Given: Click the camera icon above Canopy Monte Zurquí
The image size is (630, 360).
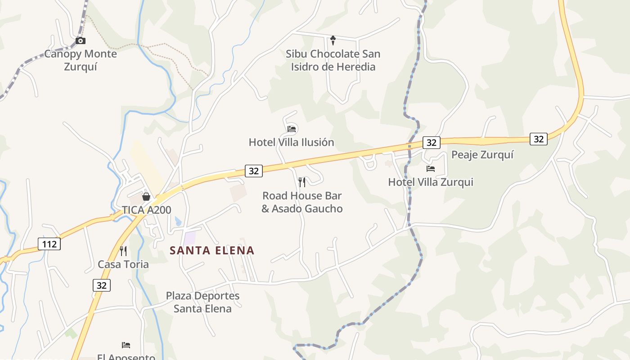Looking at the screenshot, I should (x=81, y=41).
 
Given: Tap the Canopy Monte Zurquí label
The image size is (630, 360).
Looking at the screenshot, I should (x=81, y=60).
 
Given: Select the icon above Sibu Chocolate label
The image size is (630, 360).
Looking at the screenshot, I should (x=333, y=40).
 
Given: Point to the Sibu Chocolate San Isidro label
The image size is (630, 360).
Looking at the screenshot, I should (x=333, y=60).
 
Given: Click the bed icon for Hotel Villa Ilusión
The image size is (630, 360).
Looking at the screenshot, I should (x=292, y=129).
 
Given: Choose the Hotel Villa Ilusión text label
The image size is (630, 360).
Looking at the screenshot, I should (x=292, y=143).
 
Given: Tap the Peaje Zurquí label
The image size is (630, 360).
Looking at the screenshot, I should (x=482, y=155).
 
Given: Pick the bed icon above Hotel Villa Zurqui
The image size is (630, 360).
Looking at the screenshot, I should (x=431, y=169).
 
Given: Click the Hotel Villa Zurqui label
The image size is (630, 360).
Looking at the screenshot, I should (x=431, y=182).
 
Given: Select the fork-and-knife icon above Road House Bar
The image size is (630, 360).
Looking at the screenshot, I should (x=302, y=182).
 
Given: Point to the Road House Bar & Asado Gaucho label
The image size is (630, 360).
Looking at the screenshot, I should (x=302, y=202).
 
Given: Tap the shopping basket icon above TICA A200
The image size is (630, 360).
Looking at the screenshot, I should (x=146, y=197).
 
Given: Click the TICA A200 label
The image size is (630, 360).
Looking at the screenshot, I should (x=147, y=210).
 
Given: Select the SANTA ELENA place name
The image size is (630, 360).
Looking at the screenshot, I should (x=212, y=251).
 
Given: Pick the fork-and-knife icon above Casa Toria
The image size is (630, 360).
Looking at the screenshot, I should (x=123, y=251).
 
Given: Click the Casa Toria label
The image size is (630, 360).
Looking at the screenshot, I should (x=123, y=264).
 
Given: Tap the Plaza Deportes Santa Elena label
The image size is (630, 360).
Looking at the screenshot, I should (x=202, y=302).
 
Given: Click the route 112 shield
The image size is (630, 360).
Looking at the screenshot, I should (x=49, y=244).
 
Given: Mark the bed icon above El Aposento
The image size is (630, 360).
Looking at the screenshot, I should (x=126, y=345).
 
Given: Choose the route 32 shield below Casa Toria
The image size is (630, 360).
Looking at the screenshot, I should (x=102, y=285).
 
